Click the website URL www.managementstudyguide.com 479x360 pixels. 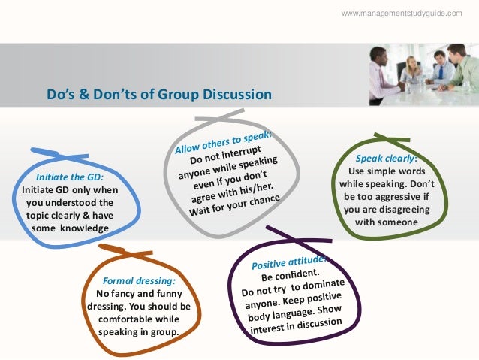(402, 14)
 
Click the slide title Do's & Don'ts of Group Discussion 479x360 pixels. (158, 94)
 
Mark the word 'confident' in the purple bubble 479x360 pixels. (302, 274)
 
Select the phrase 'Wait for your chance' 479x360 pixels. (236, 204)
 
